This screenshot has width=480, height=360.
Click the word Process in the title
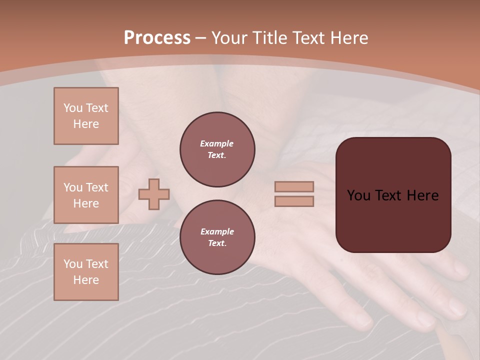tap(157, 38)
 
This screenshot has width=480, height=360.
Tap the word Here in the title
tap(347, 38)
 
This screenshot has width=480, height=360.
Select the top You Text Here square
tap(86, 116)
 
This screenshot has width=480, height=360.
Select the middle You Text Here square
tap(86, 195)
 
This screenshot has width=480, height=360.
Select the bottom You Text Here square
tap(86, 272)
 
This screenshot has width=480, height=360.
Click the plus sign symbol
tap(154, 194)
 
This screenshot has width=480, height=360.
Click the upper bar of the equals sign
tap(294, 186)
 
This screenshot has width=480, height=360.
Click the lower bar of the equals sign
tap(294, 201)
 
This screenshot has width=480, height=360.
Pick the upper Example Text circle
tap(217, 149)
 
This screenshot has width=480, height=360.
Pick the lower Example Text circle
tap(217, 237)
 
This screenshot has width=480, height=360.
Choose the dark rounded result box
tap(393, 220)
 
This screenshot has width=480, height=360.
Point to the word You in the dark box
tap(358, 195)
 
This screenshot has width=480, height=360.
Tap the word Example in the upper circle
tap(216, 143)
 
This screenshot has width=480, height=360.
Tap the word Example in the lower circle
tap(217, 231)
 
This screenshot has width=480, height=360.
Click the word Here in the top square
tap(86, 124)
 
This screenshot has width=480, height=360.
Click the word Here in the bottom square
tap(86, 280)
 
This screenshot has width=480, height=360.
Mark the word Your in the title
tap(230, 38)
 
